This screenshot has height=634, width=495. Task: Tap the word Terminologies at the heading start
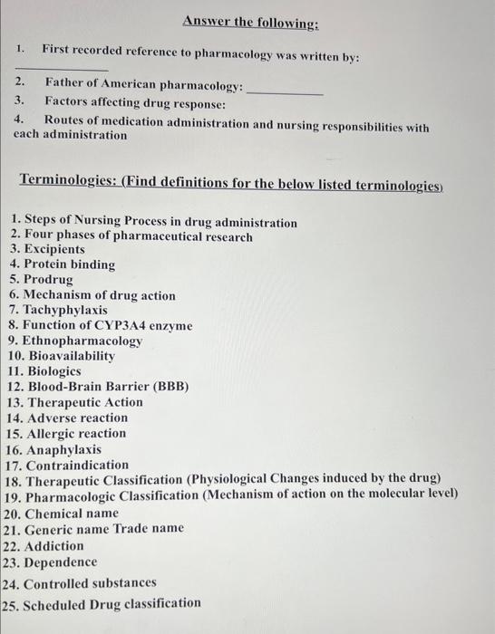(x=69, y=181)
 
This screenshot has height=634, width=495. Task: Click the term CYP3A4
(x=142, y=326)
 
